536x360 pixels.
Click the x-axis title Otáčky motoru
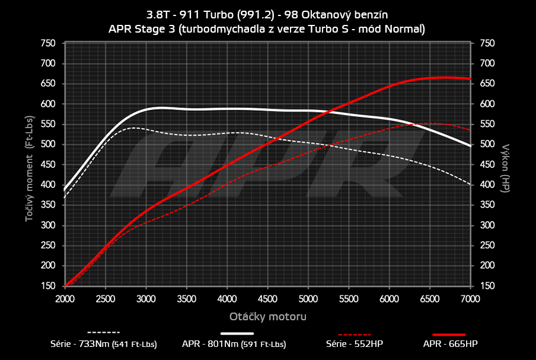268,317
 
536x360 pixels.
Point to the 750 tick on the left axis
47,43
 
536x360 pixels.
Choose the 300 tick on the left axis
47,225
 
